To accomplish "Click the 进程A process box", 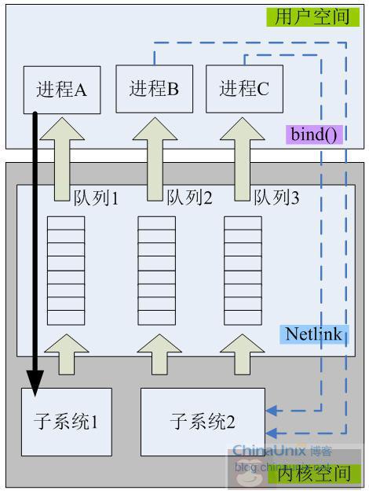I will pos(61,89).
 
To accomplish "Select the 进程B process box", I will pos(155,88).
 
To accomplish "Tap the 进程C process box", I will pos(244,88).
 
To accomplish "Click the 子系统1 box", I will pos(67,422).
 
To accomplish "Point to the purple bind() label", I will pos(315,133).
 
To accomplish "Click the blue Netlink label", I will pos(312,334).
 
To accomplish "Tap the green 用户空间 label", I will pos(312,16).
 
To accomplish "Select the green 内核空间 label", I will pos(312,474).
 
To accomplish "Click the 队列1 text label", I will pos(96,197).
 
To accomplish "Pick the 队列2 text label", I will pos(189,197).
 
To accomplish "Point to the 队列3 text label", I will pos(276,197).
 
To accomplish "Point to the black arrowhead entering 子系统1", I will pos(35,381).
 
